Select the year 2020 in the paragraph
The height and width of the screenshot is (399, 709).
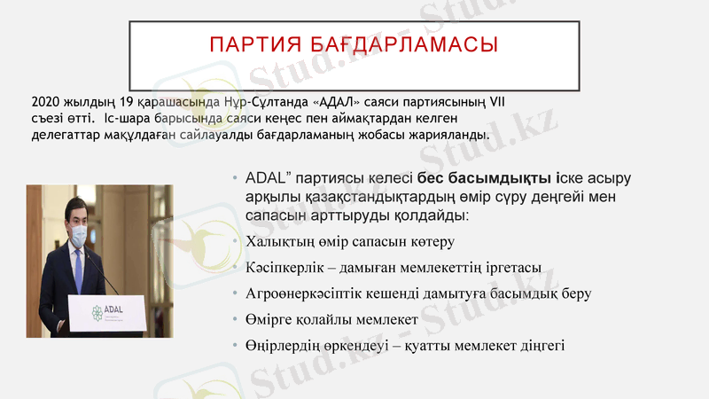pos(46,102)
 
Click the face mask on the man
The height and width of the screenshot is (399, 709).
pos(78,234)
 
